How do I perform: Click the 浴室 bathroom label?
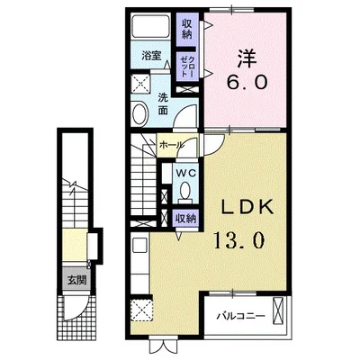(x=151, y=56)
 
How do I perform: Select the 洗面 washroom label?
(x=163, y=103)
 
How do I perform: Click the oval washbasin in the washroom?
(x=140, y=114)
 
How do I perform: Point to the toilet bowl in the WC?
(x=185, y=191)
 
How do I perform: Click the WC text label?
(x=185, y=173)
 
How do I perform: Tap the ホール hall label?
(x=171, y=145)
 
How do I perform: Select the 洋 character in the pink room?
(x=247, y=58)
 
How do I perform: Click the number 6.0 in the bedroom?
(x=247, y=82)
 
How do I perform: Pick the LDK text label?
(x=247, y=207)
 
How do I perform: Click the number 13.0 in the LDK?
(x=239, y=240)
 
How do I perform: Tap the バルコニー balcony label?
(x=241, y=316)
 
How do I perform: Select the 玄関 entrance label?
(x=76, y=280)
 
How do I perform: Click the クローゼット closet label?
(x=187, y=67)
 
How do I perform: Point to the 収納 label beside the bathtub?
(x=186, y=29)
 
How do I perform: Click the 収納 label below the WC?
(x=186, y=219)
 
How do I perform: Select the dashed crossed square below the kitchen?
(x=141, y=310)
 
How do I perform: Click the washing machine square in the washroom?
(x=141, y=83)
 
